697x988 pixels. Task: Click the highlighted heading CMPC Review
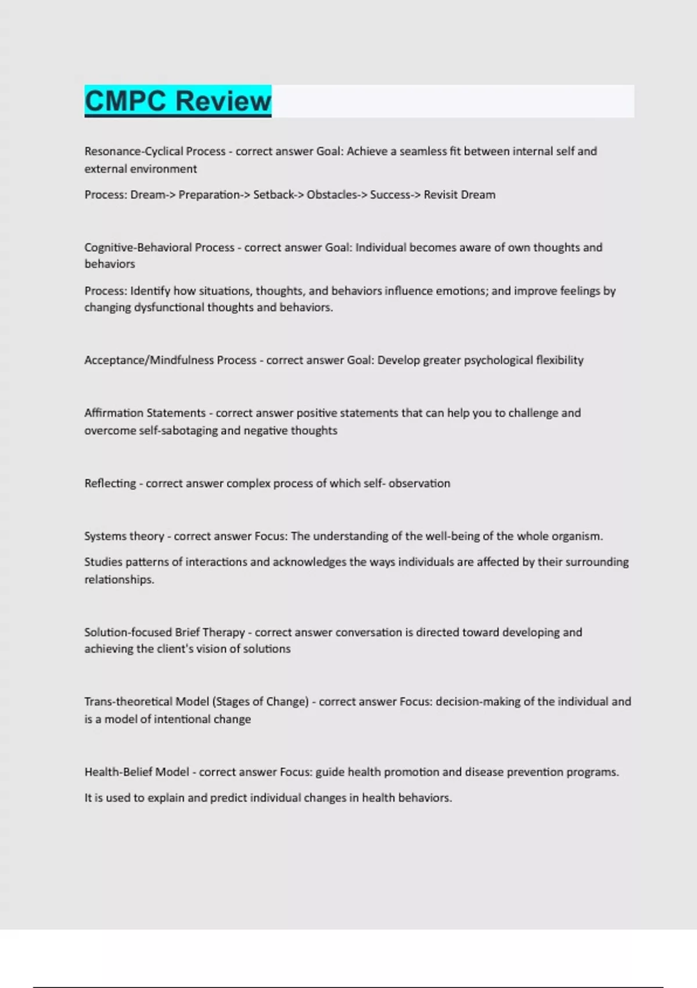point(178,101)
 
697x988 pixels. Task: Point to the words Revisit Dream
point(459,195)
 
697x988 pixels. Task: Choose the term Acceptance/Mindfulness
point(149,360)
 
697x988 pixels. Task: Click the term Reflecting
point(110,483)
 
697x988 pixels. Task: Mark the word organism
point(577,536)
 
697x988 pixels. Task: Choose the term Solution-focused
point(128,632)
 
